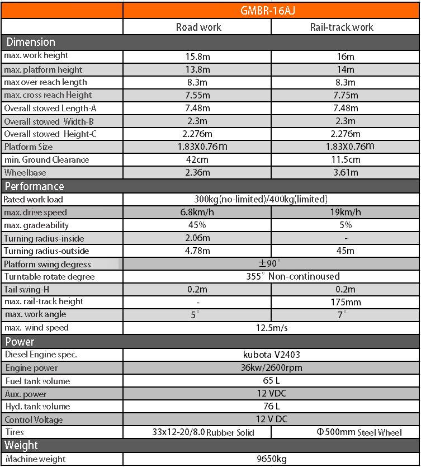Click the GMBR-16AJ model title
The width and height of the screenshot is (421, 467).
tap(271, 11)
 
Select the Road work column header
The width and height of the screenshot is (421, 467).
tap(198, 27)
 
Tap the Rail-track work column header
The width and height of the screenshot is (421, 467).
tap(342, 27)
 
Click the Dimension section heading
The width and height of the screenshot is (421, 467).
tap(31, 42)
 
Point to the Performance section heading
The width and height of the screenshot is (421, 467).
tap(34, 186)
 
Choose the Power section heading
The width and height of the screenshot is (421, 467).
tap(20, 342)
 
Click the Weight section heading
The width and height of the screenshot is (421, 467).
tap(21, 445)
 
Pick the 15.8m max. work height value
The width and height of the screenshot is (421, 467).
tap(197, 56)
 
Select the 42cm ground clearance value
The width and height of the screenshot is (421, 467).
tap(197, 159)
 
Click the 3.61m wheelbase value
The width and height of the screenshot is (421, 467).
tap(345, 172)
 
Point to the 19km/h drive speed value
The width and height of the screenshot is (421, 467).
tap(345, 212)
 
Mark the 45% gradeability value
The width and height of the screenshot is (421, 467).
tap(197, 225)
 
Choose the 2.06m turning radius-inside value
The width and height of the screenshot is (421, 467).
tap(197, 238)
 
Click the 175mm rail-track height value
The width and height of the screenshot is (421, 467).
tap(346, 303)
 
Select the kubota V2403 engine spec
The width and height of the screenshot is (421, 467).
tap(271, 355)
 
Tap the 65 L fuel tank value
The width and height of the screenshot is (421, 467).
tap(271, 381)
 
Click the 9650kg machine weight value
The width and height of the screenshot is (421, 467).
tap(271, 459)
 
